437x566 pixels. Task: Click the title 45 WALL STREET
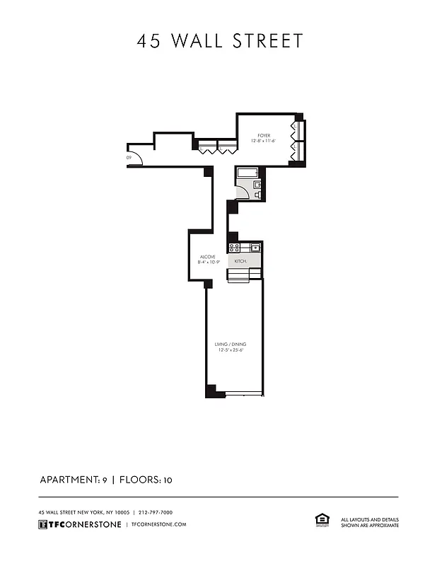click(219, 40)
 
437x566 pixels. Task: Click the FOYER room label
click(264, 135)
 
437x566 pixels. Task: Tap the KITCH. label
click(240, 261)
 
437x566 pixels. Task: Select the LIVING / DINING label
click(231, 345)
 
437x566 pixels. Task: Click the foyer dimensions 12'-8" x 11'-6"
click(264, 141)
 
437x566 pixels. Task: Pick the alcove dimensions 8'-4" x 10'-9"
click(209, 262)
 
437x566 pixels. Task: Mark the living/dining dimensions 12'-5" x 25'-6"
click(231, 350)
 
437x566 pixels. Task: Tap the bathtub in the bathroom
click(247, 173)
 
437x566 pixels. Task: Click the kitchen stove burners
click(234, 248)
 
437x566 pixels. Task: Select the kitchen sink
click(255, 248)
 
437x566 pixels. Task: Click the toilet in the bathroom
click(257, 193)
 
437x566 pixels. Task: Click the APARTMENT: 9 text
click(73, 480)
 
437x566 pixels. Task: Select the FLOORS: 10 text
click(146, 480)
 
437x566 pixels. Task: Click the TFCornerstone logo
click(79, 524)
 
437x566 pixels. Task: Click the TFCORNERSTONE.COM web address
click(159, 524)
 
